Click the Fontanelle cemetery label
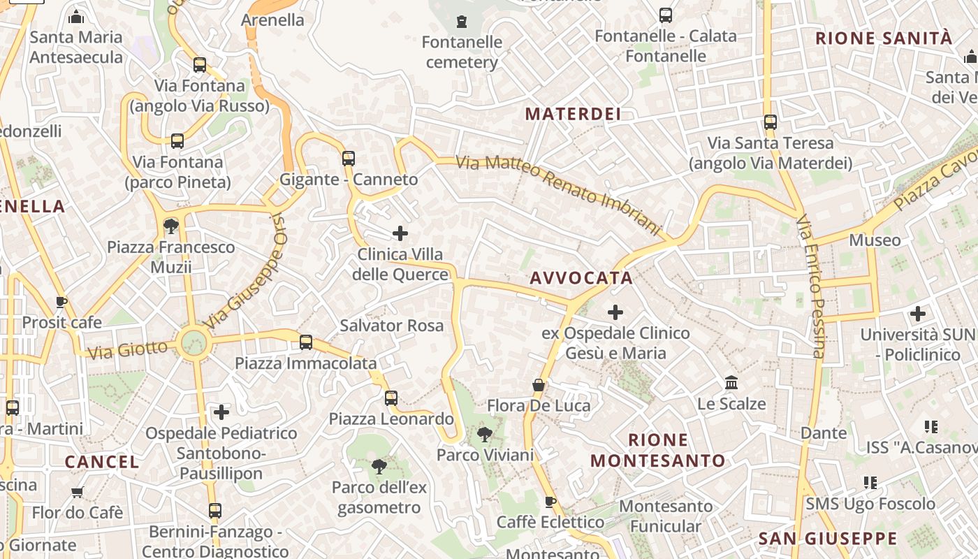462,52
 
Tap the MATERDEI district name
573,114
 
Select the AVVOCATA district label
581,278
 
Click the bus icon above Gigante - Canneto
349,158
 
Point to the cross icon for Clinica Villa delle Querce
400,233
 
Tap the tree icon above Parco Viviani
484,435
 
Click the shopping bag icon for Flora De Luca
539,385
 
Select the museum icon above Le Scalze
731,383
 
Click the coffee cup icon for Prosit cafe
61,302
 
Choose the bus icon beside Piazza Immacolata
306,342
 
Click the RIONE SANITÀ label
884,38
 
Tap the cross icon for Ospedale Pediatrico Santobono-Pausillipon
221,412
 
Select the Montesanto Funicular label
666,516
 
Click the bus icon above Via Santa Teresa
771,122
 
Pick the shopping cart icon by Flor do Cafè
78,492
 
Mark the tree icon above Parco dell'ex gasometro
379,466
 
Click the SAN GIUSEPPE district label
828,538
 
